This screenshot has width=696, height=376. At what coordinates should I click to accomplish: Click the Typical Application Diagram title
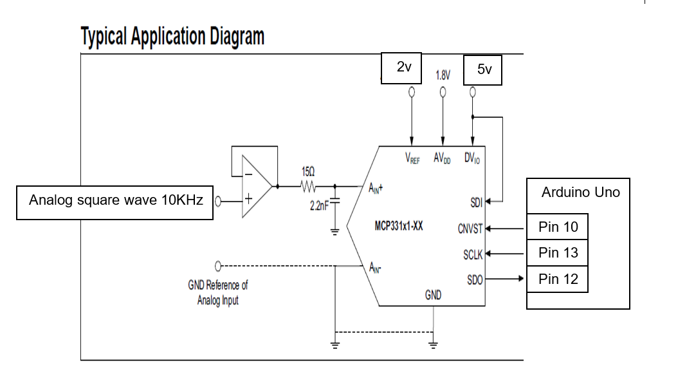(172, 37)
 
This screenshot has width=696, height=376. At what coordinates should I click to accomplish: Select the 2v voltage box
(402, 68)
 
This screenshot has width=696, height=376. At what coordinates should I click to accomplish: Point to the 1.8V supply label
(443, 75)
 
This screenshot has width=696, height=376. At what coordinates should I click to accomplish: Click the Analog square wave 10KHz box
(115, 200)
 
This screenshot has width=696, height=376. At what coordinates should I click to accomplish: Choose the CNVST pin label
(470, 229)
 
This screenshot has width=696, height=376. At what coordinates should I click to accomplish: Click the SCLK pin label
(473, 255)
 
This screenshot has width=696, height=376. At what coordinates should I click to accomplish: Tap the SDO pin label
(475, 279)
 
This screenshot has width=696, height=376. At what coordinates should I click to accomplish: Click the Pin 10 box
(557, 227)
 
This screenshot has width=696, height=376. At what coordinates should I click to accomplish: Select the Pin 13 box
(557, 253)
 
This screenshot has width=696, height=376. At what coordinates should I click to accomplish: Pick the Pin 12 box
(557, 279)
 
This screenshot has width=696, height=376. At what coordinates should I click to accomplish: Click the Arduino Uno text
(580, 193)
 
